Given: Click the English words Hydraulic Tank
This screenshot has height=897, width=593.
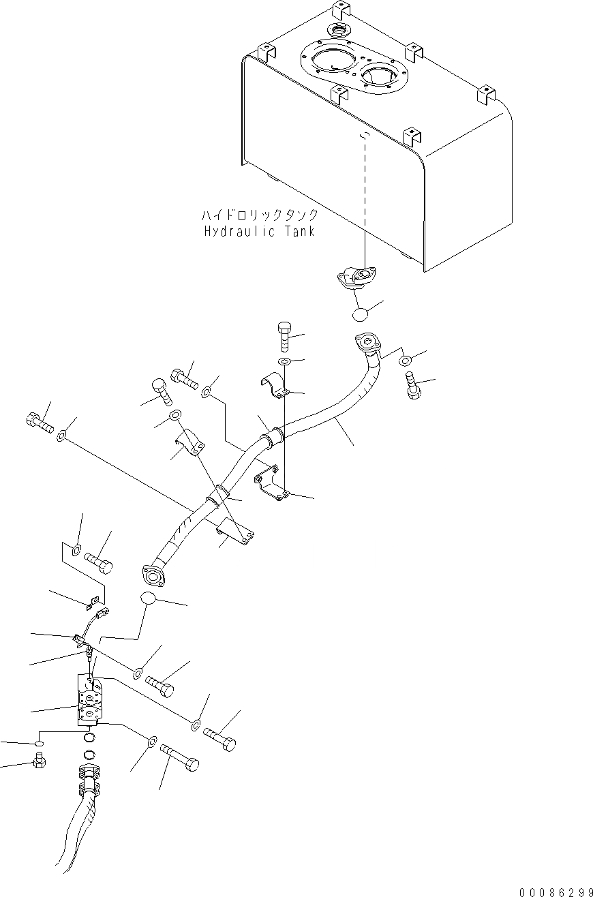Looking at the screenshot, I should tap(259, 231).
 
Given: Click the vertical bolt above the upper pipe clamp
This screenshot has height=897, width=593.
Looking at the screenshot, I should tap(284, 337).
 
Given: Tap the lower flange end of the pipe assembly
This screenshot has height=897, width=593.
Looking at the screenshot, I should tap(154, 575).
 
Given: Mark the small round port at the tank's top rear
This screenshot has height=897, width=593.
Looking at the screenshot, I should tap(339, 30).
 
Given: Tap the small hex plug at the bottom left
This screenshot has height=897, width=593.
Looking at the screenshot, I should tap(39, 761).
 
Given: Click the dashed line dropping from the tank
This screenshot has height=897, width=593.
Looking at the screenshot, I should tap(365, 204).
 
